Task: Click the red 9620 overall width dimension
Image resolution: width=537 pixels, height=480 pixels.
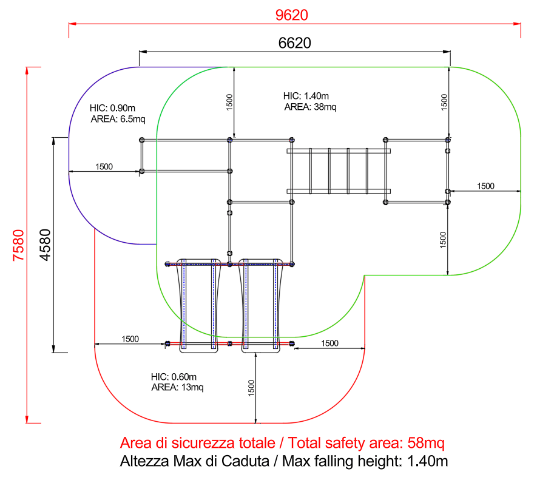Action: coord(292,15)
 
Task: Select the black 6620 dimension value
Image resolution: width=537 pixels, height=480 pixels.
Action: coord(294,43)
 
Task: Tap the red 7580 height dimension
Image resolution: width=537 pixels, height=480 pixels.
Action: coord(18,245)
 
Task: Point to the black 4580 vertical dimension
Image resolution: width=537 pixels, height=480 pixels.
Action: coord(45,245)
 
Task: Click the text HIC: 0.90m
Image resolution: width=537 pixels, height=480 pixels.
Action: coord(112,108)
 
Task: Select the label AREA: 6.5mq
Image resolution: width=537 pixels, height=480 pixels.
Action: coord(118,119)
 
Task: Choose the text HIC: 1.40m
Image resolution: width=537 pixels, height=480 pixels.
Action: coord(306,96)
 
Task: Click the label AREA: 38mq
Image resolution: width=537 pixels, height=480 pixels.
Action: coord(310,107)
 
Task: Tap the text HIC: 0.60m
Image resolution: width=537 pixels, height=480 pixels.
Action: coord(174,377)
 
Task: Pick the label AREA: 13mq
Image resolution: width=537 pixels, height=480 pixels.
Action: coord(177,388)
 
